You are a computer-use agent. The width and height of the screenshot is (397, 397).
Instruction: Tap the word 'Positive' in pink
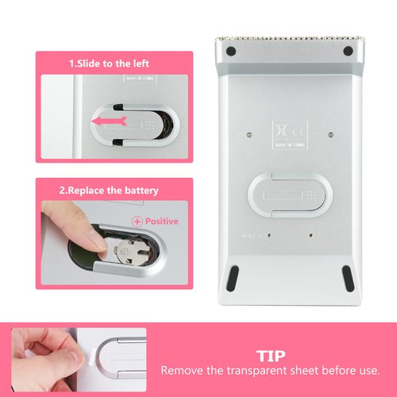(x=161, y=221)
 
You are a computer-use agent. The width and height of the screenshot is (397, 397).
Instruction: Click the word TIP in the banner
(x=270, y=355)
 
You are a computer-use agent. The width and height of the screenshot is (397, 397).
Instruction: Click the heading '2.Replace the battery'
(x=114, y=191)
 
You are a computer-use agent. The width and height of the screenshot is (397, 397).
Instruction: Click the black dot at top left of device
(x=230, y=52)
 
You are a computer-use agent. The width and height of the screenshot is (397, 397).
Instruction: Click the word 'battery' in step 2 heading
(x=140, y=191)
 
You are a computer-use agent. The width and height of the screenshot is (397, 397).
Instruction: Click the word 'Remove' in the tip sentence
(x=182, y=370)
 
